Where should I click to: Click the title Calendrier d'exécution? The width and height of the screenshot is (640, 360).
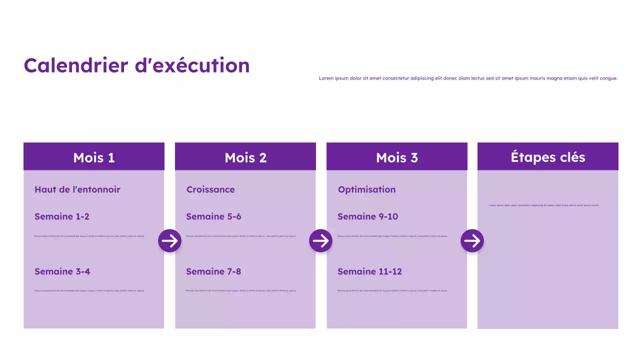click(136, 65)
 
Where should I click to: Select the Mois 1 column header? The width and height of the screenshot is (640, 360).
click(94, 157)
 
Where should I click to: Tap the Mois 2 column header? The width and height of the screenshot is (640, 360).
click(245, 157)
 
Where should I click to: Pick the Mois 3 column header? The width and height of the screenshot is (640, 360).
click(397, 157)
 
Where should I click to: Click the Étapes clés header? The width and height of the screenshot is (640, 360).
click(548, 157)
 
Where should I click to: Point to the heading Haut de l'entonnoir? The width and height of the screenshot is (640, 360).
click(77, 189)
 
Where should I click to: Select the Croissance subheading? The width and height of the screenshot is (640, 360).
click(210, 189)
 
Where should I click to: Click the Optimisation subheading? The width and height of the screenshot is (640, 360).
click(366, 189)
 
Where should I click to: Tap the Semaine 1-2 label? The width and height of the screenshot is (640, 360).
click(62, 216)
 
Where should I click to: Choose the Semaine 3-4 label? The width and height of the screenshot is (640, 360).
click(62, 271)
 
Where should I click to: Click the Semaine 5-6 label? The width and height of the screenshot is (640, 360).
click(213, 216)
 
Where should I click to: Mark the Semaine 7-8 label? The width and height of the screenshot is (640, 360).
click(213, 271)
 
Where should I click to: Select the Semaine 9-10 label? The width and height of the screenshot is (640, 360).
click(367, 216)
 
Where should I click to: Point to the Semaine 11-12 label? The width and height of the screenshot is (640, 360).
click(369, 271)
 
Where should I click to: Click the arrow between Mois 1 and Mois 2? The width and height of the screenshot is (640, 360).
click(169, 241)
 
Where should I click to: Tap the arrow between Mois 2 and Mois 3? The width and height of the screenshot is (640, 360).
click(320, 241)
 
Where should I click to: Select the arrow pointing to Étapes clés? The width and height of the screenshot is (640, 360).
click(472, 241)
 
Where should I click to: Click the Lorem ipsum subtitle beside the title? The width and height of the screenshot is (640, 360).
click(468, 78)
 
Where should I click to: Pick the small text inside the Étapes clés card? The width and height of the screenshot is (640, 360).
click(544, 205)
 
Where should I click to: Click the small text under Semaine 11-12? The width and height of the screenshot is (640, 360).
click(392, 290)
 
